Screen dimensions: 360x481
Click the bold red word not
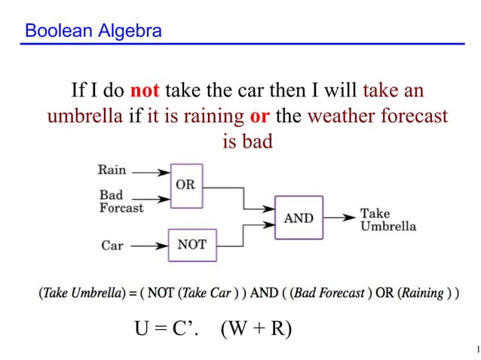click(145, 92)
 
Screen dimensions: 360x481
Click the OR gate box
click(185, 185)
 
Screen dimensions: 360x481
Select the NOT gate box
click(191, 245)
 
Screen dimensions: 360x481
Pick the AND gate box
click(299, 218)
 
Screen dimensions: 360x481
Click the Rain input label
click(112, 171)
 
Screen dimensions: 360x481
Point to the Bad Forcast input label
click(121, 202)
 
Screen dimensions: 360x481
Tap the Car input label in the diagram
click(112, 246)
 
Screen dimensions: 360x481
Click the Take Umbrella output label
click(388, 220)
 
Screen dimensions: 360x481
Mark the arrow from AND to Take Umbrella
click(339, 218)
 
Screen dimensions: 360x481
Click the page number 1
click(468, 348)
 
